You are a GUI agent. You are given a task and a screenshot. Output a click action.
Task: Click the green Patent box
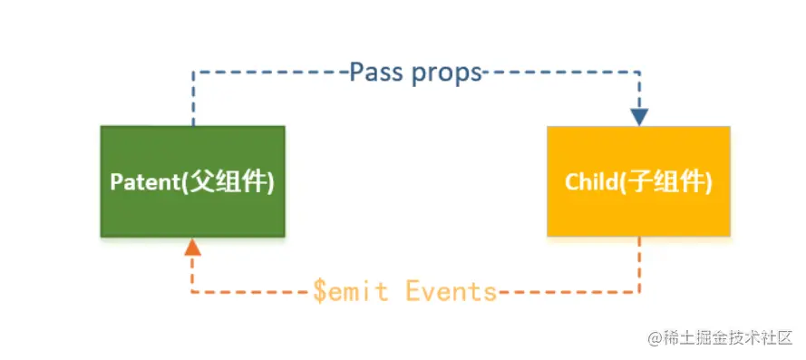click(x=192, y=181)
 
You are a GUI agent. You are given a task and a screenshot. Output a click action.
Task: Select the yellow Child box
click(x=638, y=181)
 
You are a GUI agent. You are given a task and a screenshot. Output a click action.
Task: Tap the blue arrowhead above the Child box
click(x=639, y=117)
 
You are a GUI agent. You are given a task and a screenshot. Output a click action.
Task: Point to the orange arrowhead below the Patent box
click(x=192, y=247)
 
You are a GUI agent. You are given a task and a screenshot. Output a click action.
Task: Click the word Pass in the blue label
click(x=378, y=73)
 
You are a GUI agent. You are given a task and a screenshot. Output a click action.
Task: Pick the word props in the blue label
click(x=446, y=74)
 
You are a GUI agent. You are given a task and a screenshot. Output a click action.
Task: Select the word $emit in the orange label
click(x=351, y=292)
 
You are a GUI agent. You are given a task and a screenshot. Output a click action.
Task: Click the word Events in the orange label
click(x=451, y=292)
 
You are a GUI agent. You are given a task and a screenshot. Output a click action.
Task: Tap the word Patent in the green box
click(x=144, y=182)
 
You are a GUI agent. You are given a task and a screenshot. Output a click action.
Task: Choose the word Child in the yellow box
click(x=590, y=182)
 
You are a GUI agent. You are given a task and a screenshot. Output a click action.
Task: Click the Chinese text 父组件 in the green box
click(x=228, y=182)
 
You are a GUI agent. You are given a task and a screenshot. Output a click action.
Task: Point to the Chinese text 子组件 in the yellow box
click(x=665, y=182)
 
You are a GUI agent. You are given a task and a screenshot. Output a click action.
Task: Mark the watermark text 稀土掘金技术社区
click(x=727, y=338)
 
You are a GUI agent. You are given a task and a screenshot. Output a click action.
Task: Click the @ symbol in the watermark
click(x=655, y=339)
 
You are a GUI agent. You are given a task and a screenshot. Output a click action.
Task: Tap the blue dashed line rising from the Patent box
click(x=193, y=98)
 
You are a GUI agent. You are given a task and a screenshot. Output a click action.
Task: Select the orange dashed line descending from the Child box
click(x=639, y=265)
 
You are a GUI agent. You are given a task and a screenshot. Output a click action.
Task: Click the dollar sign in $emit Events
click(x=320, y=292)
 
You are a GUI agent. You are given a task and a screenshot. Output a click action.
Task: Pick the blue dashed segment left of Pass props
click(x=271, y=72)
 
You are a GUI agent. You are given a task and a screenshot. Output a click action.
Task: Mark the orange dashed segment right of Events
click(x=568, y=293)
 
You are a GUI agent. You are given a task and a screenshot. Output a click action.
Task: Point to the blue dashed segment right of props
click(x=560, y=72)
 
